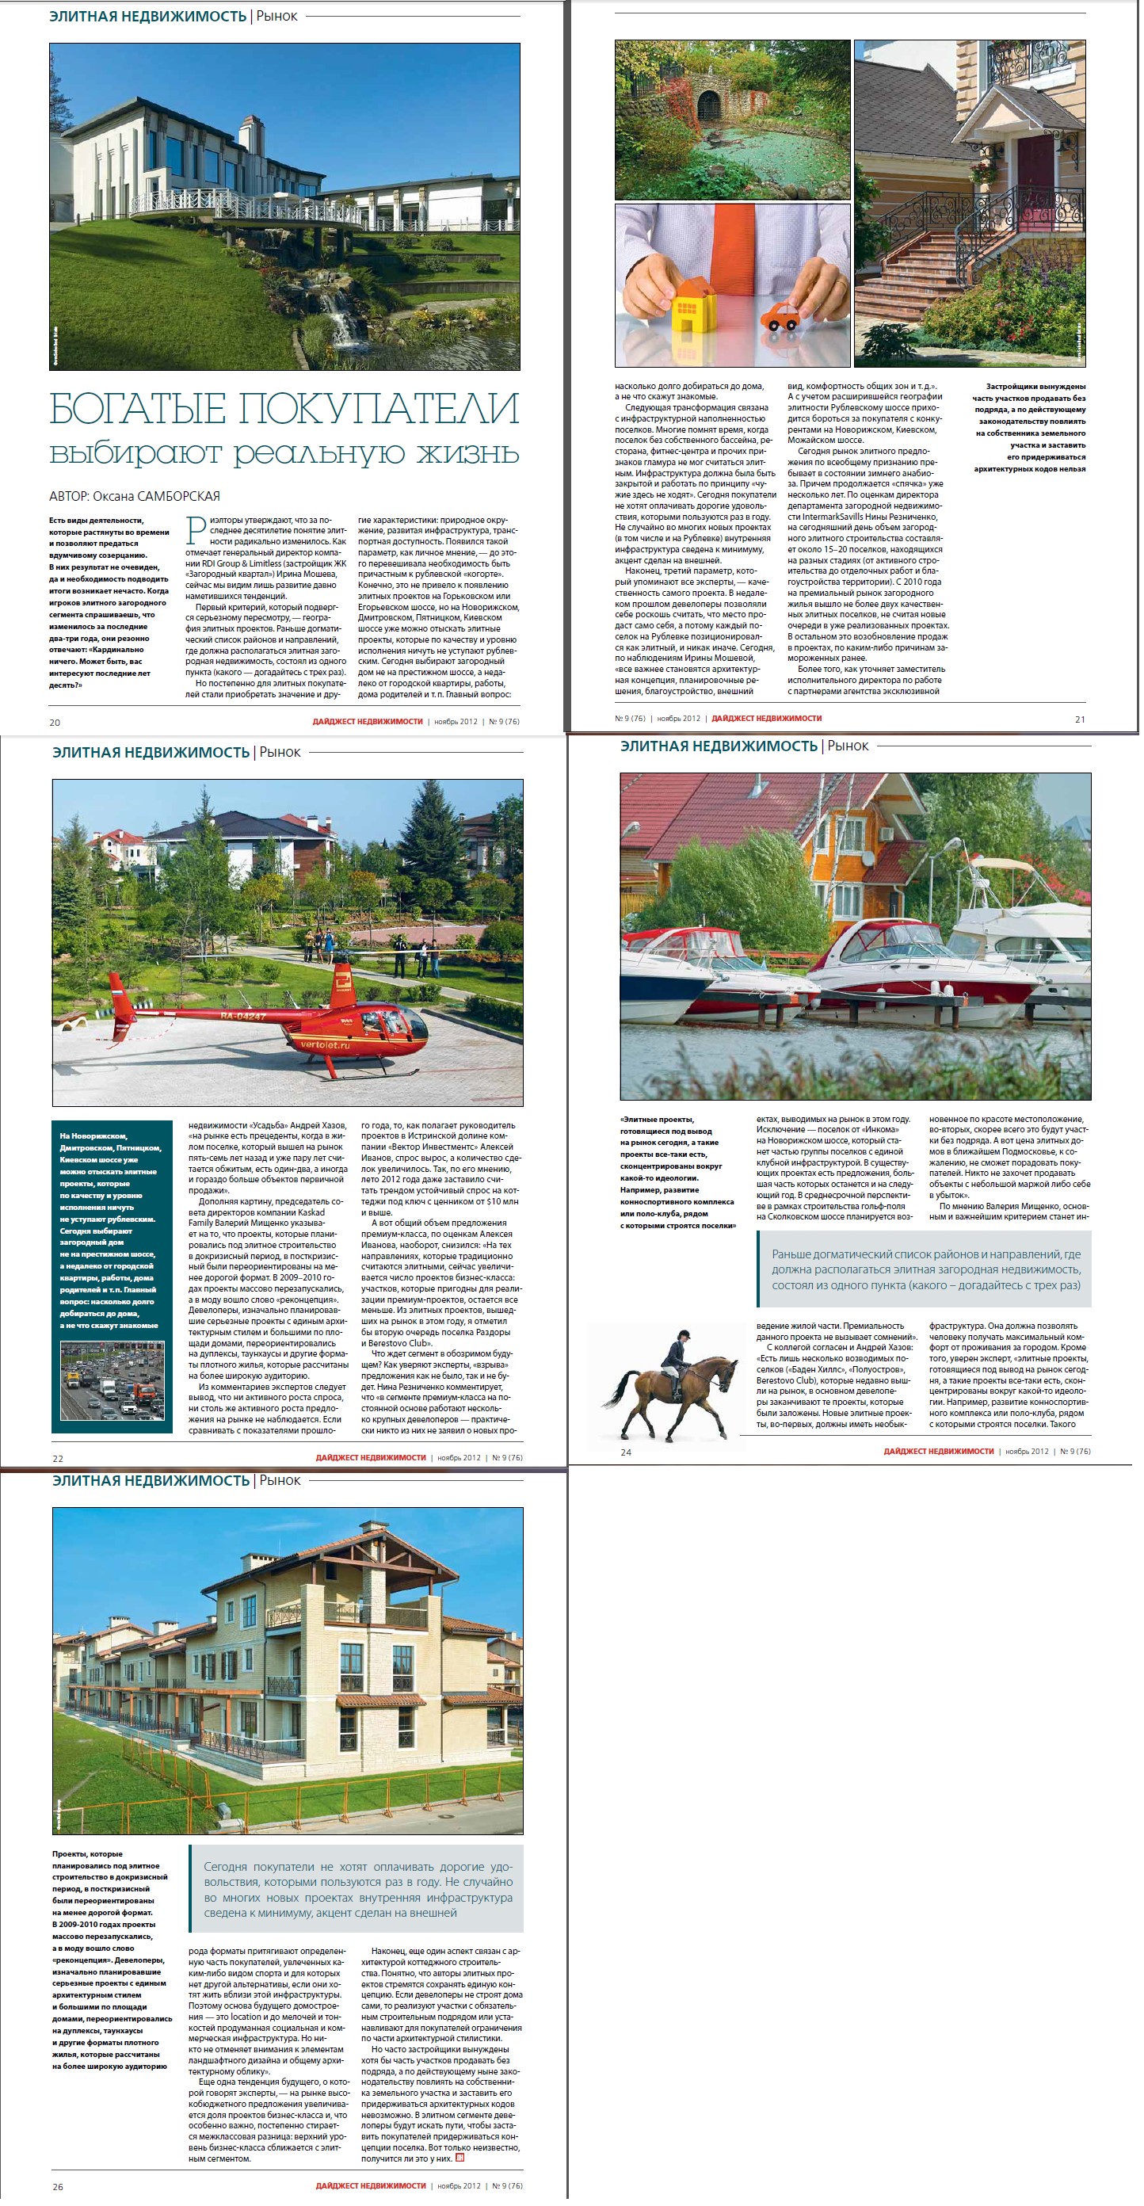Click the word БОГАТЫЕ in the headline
[x=136, y=409]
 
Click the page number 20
[x=55, y=722]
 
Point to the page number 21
[x=1080, y=719]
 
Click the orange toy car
[x=780, y=316]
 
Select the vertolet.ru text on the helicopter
[x=326, y=1045]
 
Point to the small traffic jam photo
[x=112, y=1380]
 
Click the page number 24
[x=626, y=1452]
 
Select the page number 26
[x=57, y=2186]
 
